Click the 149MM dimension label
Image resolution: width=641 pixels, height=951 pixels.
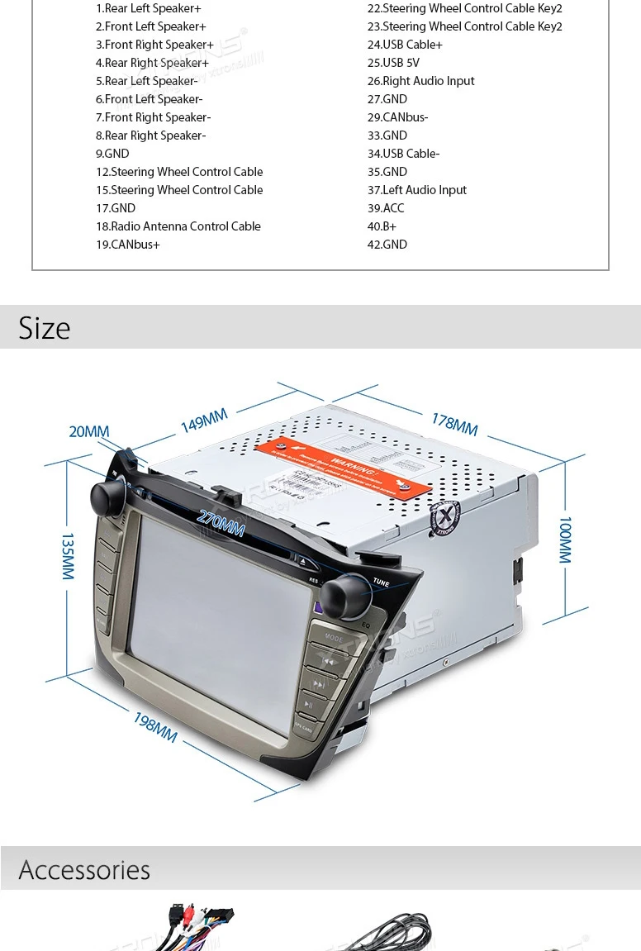[204, 421]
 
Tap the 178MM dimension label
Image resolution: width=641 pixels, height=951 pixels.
[454, 424]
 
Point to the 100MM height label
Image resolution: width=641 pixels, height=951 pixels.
[565, 540]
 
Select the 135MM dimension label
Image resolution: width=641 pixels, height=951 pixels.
[68, 555]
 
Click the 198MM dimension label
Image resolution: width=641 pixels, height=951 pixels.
[155, 726]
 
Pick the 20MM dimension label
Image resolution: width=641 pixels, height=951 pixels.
[88, 431]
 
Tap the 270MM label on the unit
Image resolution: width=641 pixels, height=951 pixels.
[221, 522]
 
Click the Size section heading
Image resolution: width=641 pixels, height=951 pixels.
[45, 328]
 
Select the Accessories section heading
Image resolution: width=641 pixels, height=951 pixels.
[84, 870]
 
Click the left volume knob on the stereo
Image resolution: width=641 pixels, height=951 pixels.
[107, 497]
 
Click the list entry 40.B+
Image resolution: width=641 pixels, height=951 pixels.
[382, 226]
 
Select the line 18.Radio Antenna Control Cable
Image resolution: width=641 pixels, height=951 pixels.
[178, 226]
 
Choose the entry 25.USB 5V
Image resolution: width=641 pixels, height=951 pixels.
[393, 63]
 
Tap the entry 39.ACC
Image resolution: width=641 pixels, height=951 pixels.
[386, 208]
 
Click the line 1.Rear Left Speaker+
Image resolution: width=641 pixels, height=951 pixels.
[148, 8]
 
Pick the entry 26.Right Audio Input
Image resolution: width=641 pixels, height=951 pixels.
[420, 81]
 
